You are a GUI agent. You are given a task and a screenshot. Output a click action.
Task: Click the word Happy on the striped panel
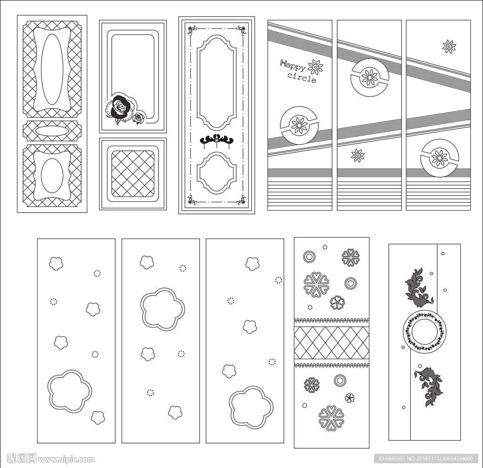click(292, 66)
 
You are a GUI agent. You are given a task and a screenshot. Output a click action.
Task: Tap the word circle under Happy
click(302, 78)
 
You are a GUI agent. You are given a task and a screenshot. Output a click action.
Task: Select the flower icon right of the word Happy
click(316, 67)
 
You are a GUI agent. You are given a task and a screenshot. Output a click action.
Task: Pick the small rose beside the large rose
click(140, 118)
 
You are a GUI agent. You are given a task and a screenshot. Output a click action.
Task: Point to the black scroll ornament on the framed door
click(217, 140)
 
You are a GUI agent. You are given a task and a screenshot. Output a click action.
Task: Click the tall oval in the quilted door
click(52, 69)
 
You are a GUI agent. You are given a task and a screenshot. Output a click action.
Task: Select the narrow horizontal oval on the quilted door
click(52, 131)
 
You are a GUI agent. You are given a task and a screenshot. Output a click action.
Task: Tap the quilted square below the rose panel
click(133, 173)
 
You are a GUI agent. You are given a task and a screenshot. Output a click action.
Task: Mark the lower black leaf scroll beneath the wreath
click(429, 386)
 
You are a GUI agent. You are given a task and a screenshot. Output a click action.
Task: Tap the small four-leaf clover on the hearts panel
click(350, 397)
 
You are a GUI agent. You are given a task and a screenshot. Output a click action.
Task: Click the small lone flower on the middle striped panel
click(358, 156)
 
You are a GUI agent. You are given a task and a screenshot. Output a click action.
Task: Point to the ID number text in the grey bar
click(426, 459)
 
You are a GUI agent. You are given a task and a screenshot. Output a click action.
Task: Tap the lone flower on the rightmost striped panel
click(449, 47)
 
